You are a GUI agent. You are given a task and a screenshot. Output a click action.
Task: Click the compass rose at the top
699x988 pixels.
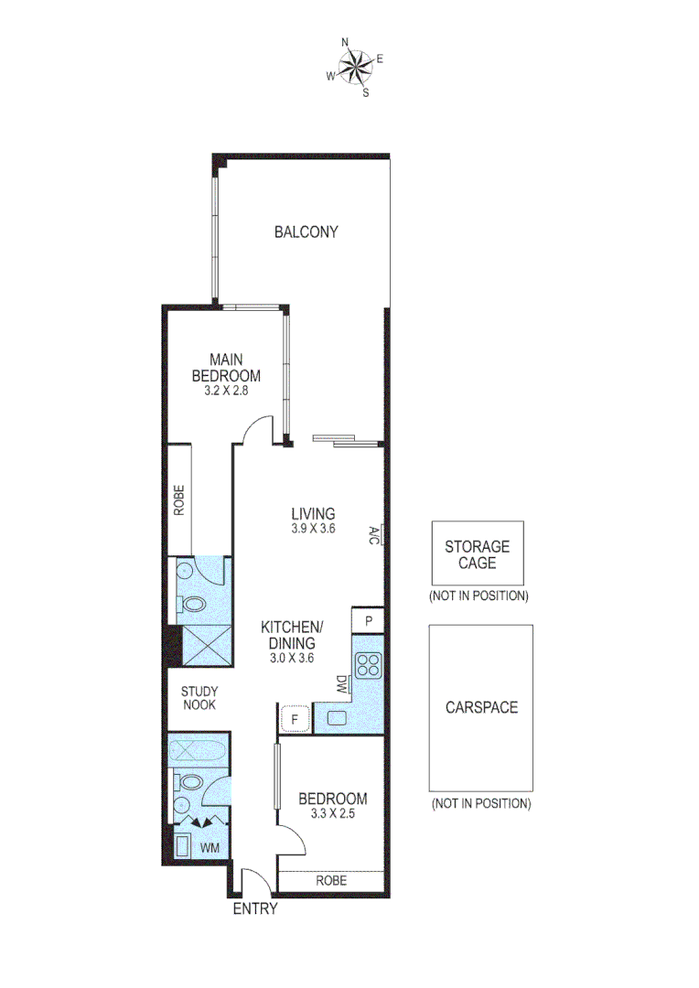point(355,66)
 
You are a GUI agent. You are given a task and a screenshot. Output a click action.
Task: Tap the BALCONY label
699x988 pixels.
point(306,232)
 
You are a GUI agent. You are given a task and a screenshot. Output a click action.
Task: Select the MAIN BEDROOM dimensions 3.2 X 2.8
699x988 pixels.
point(226,390)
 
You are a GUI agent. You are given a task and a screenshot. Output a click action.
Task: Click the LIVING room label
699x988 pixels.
point(313,513)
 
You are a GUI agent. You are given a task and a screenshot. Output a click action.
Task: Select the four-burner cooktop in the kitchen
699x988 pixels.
point(368,665)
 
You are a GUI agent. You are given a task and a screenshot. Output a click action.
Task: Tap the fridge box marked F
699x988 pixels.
point(295,719)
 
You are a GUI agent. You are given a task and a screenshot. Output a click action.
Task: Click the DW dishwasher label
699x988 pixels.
point(340,682)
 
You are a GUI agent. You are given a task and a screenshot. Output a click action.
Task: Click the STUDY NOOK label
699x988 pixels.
point(198,698)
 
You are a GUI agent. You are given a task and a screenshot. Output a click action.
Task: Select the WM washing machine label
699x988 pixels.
point(210,848)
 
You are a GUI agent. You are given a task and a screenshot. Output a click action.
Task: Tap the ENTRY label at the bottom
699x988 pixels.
point(254,909)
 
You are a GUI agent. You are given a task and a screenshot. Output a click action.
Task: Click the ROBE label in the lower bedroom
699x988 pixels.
point(330,881)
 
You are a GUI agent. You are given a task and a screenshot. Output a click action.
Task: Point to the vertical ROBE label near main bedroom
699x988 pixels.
point(180,499)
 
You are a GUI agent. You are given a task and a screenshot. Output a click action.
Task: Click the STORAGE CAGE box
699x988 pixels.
point(477,553)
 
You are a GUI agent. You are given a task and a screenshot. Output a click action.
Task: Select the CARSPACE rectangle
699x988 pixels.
point(481,707)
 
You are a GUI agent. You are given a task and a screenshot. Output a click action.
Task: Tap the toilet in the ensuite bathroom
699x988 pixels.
point(193,605)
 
